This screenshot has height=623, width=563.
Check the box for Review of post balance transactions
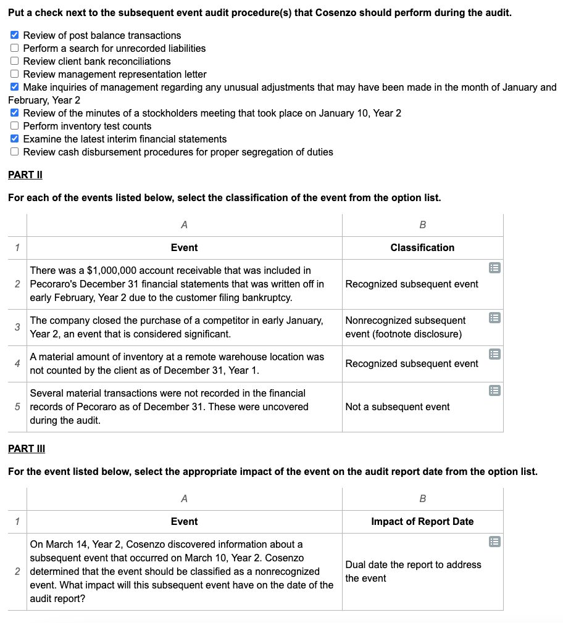tap(15, 35)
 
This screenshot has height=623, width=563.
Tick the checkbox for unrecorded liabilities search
tap(15, 48)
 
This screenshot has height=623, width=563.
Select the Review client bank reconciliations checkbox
tap(15, 61)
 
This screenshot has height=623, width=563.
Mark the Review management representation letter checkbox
tap(15, 74)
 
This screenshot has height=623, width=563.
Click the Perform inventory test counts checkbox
tap(15, 126)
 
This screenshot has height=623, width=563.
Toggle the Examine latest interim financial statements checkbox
tap(15, 139)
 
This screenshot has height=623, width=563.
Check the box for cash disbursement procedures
tap(15, 152)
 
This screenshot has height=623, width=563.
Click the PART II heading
tap(25, 175)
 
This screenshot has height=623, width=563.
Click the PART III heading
tap(27, 448)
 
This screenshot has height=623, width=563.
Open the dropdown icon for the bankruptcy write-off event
tap(494, 268)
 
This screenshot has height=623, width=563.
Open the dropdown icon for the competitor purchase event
tap(494, 318)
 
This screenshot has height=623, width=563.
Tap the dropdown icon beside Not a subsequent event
tap(494, 390)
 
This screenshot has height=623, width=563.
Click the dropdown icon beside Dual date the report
tap(494, 542)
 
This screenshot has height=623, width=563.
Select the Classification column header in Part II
tap(422, 247)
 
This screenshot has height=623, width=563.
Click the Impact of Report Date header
tap(422, 521)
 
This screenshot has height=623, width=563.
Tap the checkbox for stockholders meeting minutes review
tap(15, 113)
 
